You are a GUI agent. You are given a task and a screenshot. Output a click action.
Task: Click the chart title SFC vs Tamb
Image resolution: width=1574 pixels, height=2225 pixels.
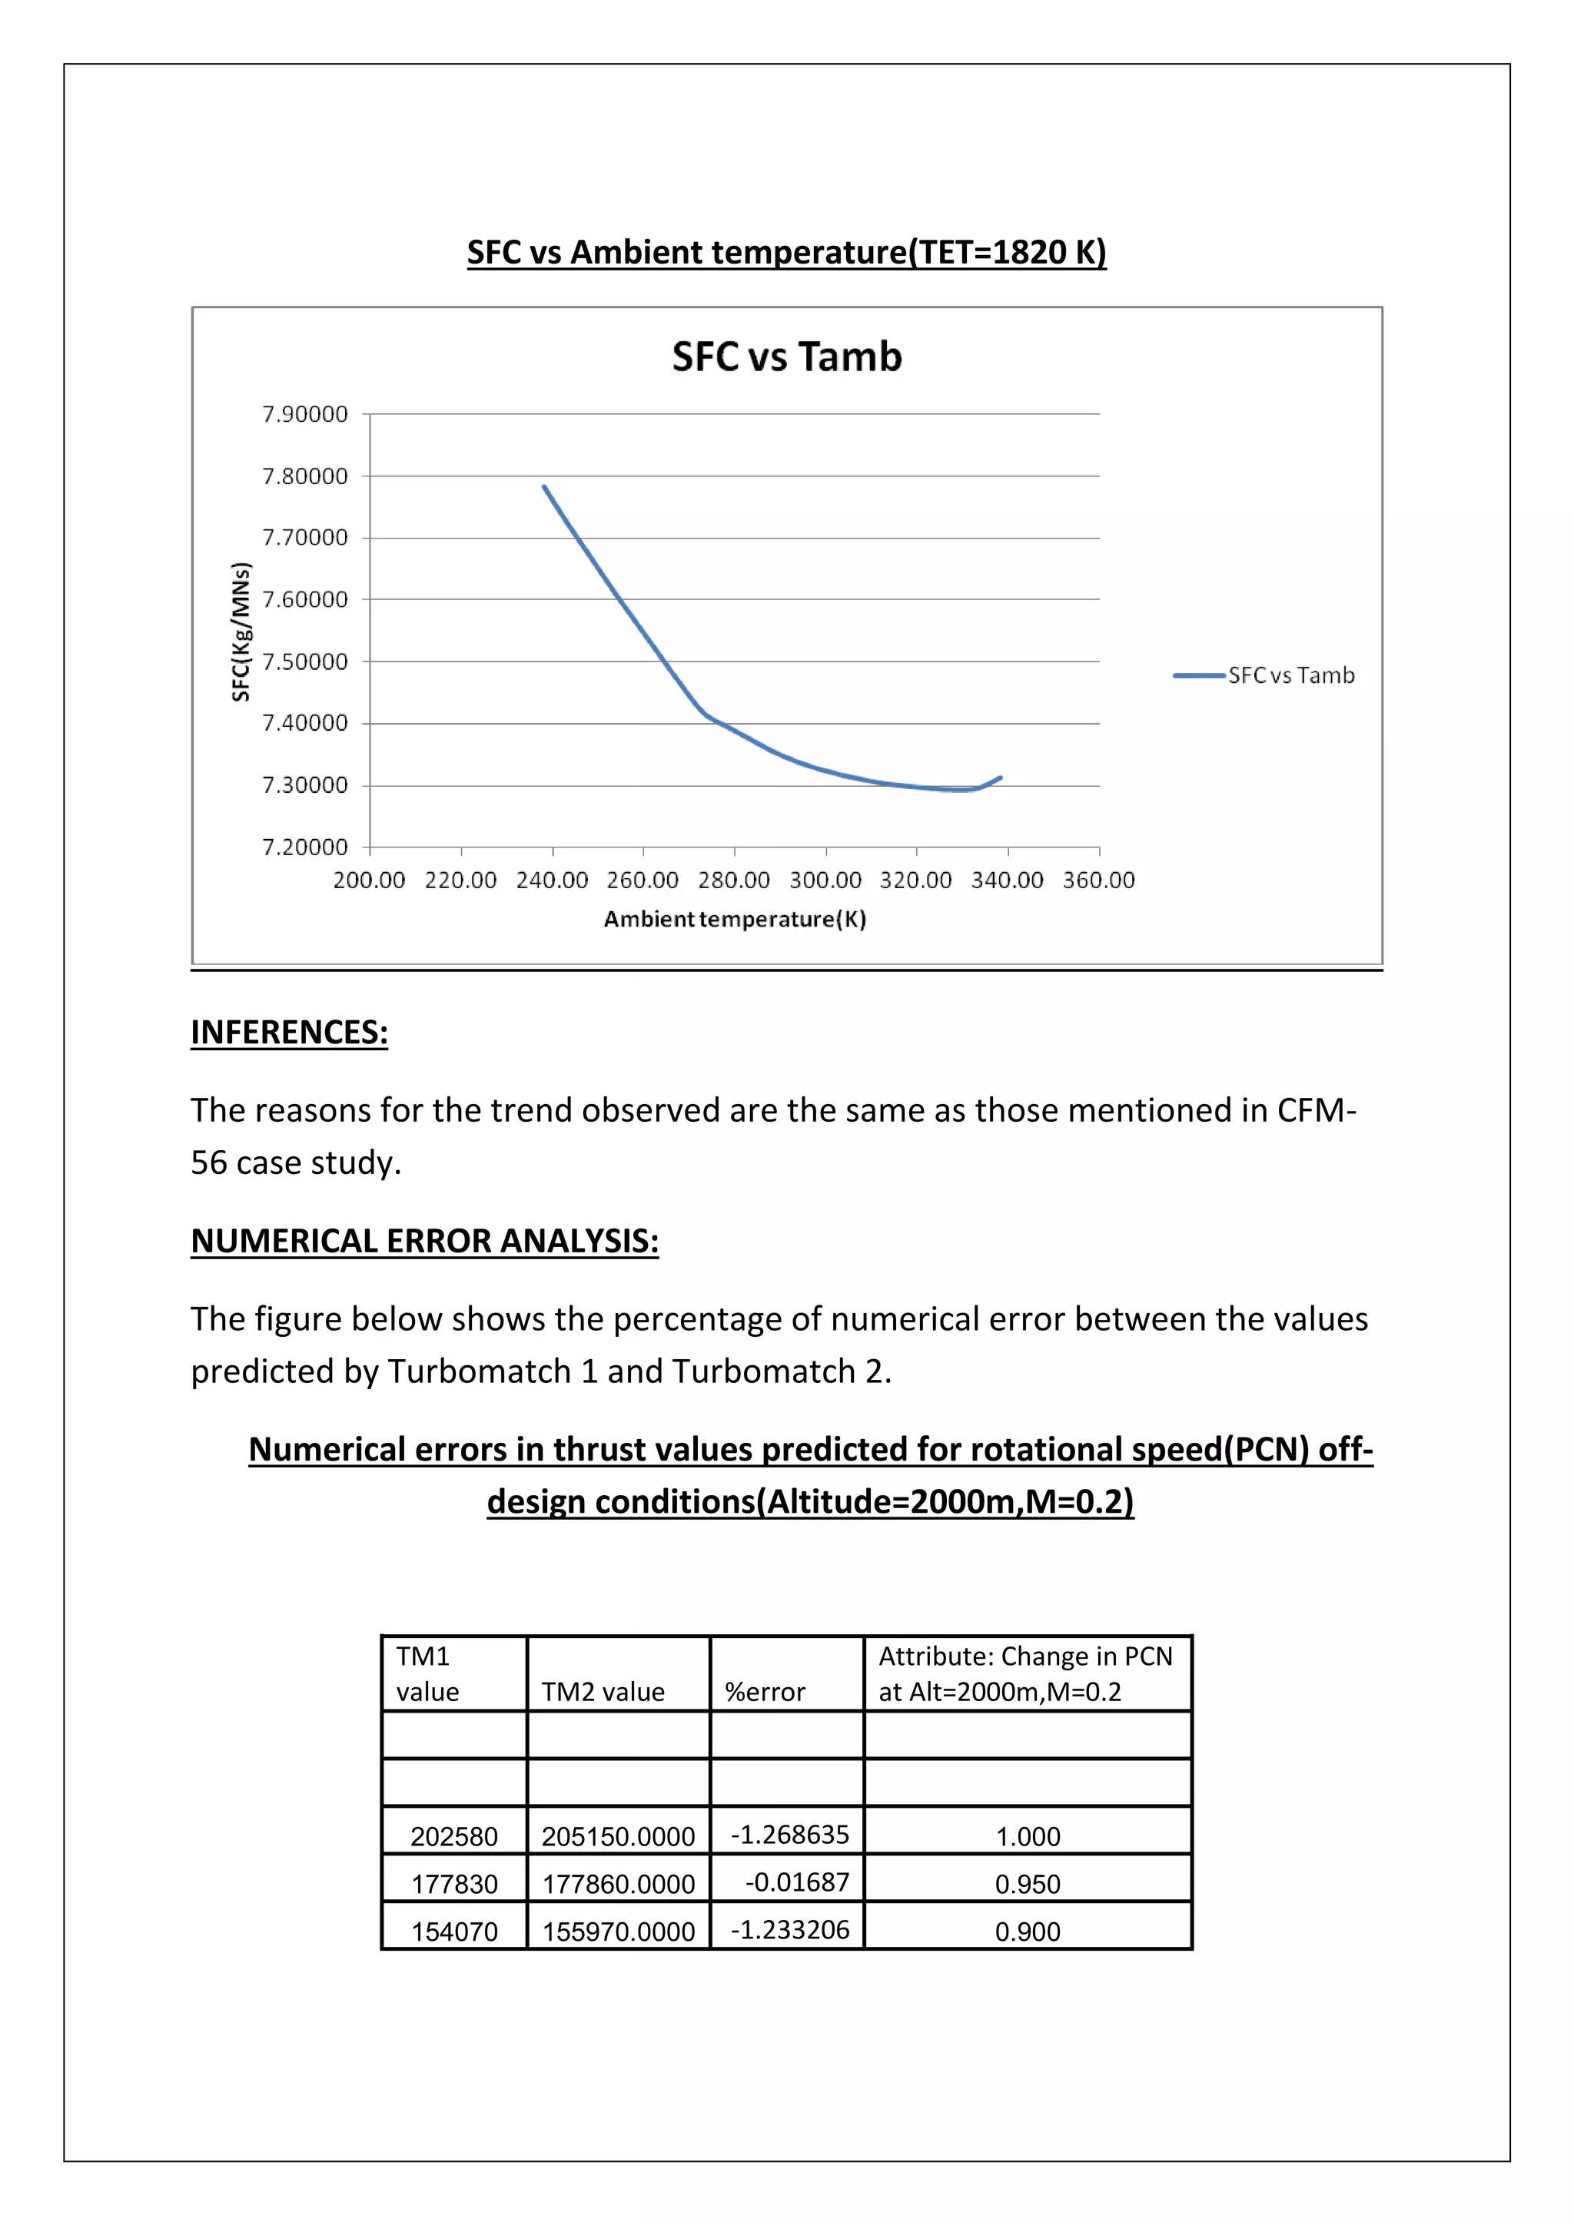(786, 356)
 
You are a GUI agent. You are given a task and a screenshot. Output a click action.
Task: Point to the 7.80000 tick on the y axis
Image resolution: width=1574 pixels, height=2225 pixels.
(304, 476)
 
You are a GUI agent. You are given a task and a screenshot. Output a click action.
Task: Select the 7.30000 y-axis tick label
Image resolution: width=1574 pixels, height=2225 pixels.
(304, 785)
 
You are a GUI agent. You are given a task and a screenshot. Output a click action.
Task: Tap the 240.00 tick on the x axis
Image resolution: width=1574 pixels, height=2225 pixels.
(552, 880)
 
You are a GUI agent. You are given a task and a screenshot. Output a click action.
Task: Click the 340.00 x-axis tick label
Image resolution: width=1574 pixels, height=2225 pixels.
(1007, 880)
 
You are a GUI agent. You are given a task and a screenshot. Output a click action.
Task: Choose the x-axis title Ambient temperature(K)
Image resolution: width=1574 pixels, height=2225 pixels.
(735, 919)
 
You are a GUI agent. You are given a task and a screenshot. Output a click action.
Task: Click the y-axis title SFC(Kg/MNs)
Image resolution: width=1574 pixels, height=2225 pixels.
(241, 631)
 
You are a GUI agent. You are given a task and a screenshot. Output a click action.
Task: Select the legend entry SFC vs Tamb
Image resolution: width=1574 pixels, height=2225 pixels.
(1290, 675)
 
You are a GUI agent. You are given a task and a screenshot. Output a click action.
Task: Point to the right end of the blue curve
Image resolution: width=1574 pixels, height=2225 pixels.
(1000, 778)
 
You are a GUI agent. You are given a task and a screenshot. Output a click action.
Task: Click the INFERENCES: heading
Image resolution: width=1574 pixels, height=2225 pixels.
(289, 1032)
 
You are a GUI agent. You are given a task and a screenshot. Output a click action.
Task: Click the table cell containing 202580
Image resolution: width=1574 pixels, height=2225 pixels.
(453, 1835)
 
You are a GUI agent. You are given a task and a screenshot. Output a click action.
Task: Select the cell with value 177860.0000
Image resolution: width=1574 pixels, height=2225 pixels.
(619, 1883)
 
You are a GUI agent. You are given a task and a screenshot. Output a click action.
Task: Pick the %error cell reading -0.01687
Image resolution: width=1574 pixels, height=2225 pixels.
(797, 1881)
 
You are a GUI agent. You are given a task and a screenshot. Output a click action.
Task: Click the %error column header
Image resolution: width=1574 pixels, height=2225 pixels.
(765, 1692)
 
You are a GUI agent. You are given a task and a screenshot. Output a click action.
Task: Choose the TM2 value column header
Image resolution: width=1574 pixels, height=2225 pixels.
(603, 1692)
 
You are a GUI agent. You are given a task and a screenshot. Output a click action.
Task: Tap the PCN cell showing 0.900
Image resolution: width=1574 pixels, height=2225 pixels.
(1028, 1931)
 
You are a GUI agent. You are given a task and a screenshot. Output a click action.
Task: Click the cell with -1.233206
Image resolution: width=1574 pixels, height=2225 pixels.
(789, 1928)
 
